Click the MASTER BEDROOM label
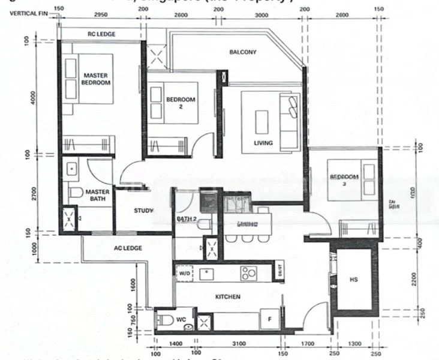point(96,79)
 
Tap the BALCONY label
point(243,52)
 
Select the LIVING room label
point(263,143)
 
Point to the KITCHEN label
point(228,296)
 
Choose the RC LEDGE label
point(103,34)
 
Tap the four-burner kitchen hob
point(249,273)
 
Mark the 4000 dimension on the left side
point(35,97)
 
